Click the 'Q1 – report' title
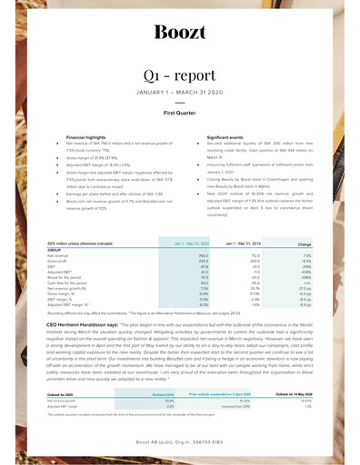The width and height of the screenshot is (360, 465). point(179,74)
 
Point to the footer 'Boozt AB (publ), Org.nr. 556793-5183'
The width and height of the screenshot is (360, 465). point(179,440)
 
